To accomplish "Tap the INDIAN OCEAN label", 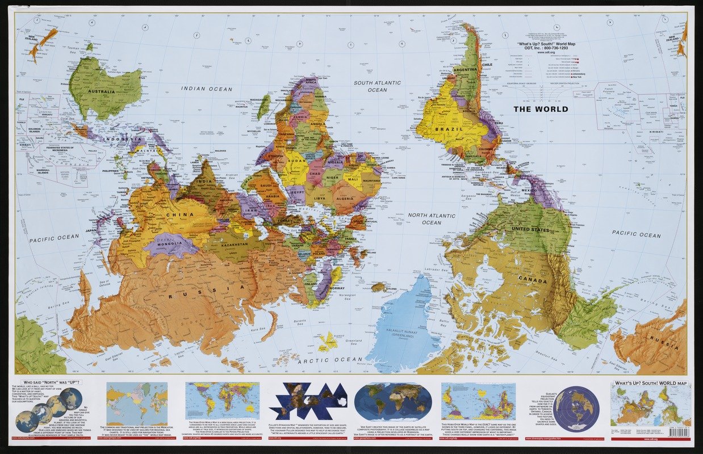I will pos(207,89).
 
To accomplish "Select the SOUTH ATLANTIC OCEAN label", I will pos(378,86).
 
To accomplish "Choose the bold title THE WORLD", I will pos(541,108).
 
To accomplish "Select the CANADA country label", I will pos(532,281).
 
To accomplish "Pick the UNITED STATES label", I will pos(530,230).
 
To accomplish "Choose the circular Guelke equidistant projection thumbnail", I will pos(576,409).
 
